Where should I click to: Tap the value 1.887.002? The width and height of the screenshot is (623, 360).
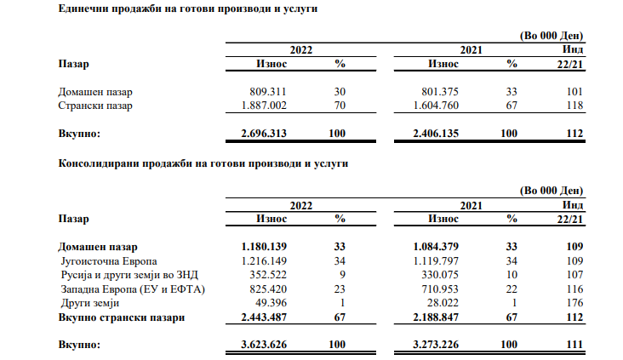click(271, 106)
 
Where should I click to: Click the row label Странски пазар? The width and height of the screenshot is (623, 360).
click(95, 106)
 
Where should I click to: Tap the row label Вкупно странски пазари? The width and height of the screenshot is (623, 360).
click(122, 317)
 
